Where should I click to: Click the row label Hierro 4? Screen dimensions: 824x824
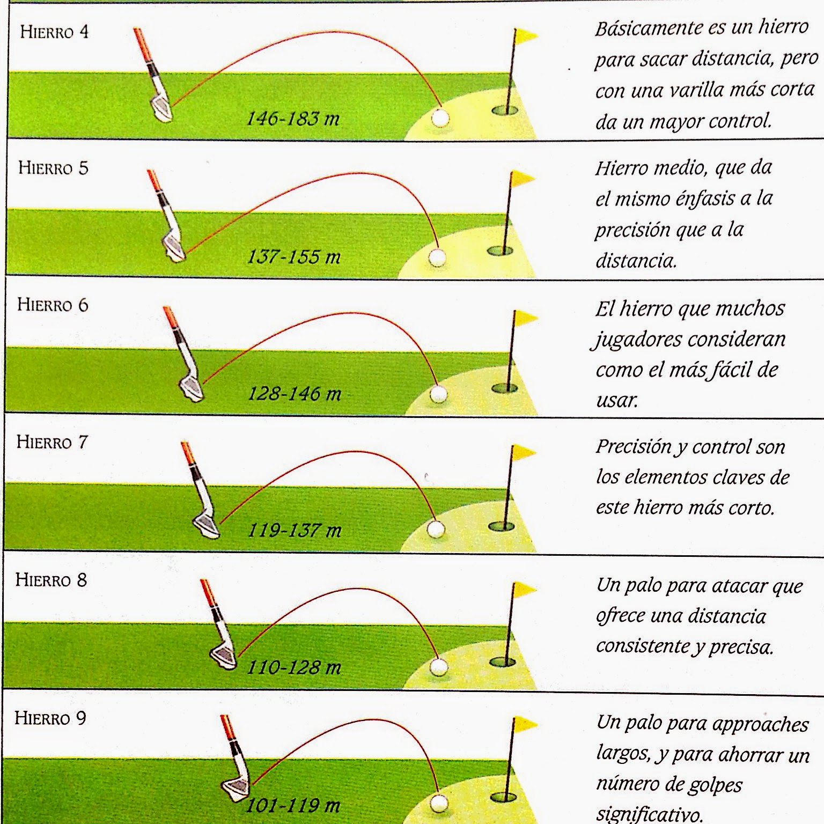(54, 32)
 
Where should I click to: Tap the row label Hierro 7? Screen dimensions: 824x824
(52, 442)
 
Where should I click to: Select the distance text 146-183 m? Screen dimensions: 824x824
(293, 118)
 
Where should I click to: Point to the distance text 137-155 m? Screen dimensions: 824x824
(293, 257)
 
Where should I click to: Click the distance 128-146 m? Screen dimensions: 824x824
(294, 394)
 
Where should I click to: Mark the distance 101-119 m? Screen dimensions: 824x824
(293, 805)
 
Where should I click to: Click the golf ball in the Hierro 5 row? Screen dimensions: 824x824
(438, 257)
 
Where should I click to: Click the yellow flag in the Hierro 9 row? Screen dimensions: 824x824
(525, 725)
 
